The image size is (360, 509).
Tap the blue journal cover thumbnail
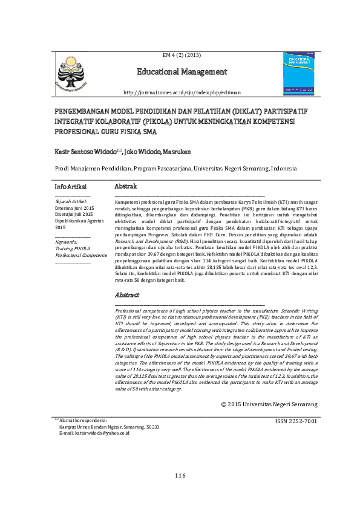[299, 73]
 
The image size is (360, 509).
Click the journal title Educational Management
[182, 72]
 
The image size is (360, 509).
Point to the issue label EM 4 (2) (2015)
[182, 55]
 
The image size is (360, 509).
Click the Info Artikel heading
[70, 186]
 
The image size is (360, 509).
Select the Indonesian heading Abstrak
[125, 186]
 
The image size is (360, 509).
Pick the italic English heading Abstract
[126, 295]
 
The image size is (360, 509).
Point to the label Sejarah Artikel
[71, 201]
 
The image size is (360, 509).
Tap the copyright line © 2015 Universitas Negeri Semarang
[269, 404]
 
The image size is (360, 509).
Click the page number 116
[180, 476]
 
